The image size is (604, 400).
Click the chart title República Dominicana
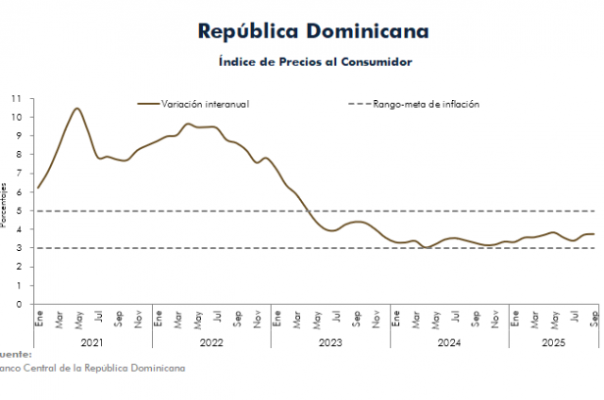pos(313,31)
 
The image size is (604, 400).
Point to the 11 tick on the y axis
pos(16,98)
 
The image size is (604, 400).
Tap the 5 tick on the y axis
pos(19,210)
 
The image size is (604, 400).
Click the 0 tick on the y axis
pos(19,304)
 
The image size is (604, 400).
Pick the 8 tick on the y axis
pos(19,155)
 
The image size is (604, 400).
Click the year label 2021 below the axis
pos(92,344)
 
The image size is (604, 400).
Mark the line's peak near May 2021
pos(76,108)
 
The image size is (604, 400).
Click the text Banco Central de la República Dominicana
pos(92,368)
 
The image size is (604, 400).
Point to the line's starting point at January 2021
pos(37,188)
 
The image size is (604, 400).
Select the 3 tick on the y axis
pos(19,248)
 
